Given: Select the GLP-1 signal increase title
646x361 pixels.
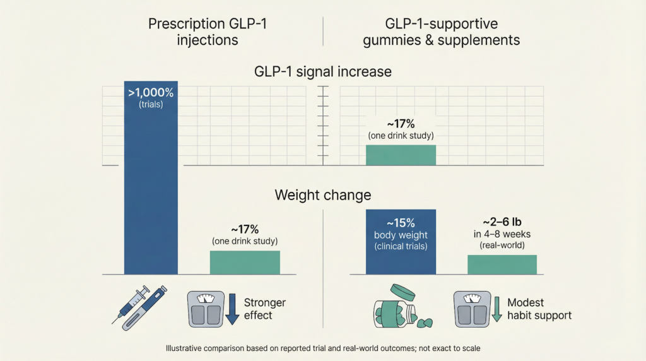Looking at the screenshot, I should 322,71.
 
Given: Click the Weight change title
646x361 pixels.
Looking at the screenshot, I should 322,194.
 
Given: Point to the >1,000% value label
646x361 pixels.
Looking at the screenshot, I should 150,93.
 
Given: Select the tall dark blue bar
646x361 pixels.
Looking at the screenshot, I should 150,189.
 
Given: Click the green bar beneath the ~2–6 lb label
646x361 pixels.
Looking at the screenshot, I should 502,264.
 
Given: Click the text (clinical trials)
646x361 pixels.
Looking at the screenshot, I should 401,246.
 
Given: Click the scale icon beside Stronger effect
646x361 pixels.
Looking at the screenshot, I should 205,308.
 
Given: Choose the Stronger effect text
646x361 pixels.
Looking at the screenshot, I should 264,309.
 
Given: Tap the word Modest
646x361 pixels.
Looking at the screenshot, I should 526,302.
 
